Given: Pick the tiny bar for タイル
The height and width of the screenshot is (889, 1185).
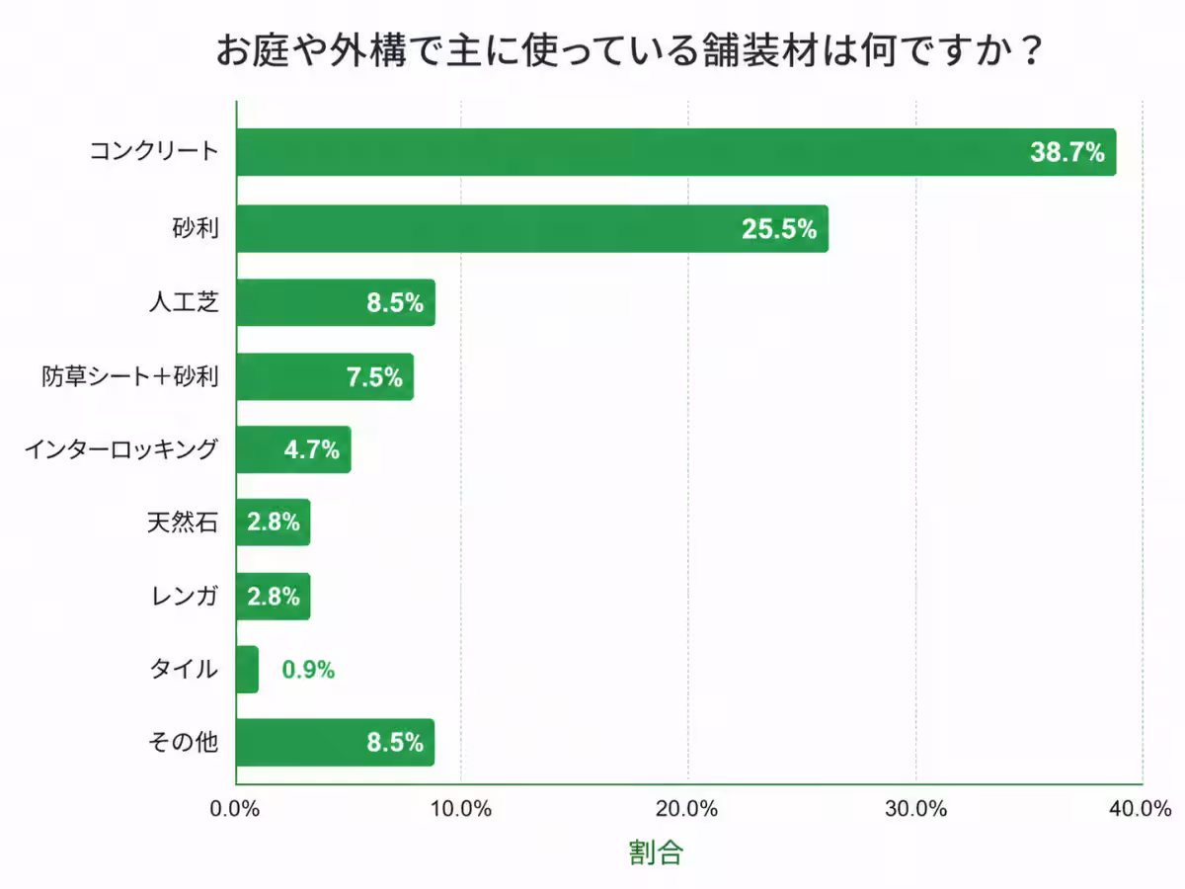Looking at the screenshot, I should point(247,670).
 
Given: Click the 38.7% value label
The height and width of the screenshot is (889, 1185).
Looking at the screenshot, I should point(1066,152).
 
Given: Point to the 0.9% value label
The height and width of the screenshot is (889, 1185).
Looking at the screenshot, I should point(308,670).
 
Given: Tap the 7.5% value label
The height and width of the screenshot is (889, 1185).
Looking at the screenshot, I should point(374,376).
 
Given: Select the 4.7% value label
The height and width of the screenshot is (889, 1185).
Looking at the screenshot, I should point(311,450).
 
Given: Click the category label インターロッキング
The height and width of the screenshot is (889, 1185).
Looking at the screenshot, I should point(120,450).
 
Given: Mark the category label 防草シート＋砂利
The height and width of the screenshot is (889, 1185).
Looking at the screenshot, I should point(129,376).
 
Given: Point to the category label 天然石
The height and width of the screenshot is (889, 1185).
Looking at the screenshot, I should point(183,523).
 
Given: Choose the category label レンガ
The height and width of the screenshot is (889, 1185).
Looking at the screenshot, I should point(183,596).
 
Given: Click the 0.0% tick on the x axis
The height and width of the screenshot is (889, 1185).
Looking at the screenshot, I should point(235,808).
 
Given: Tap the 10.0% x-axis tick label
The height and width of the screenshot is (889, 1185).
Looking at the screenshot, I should point(461,808).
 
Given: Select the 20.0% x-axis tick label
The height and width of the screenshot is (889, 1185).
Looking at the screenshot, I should point(687,808).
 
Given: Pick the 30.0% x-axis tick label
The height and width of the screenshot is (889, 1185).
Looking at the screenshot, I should point(915,808).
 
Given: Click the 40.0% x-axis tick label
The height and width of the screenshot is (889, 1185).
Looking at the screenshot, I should point(1141,808).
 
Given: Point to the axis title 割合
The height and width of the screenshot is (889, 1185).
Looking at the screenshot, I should point(656,852).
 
